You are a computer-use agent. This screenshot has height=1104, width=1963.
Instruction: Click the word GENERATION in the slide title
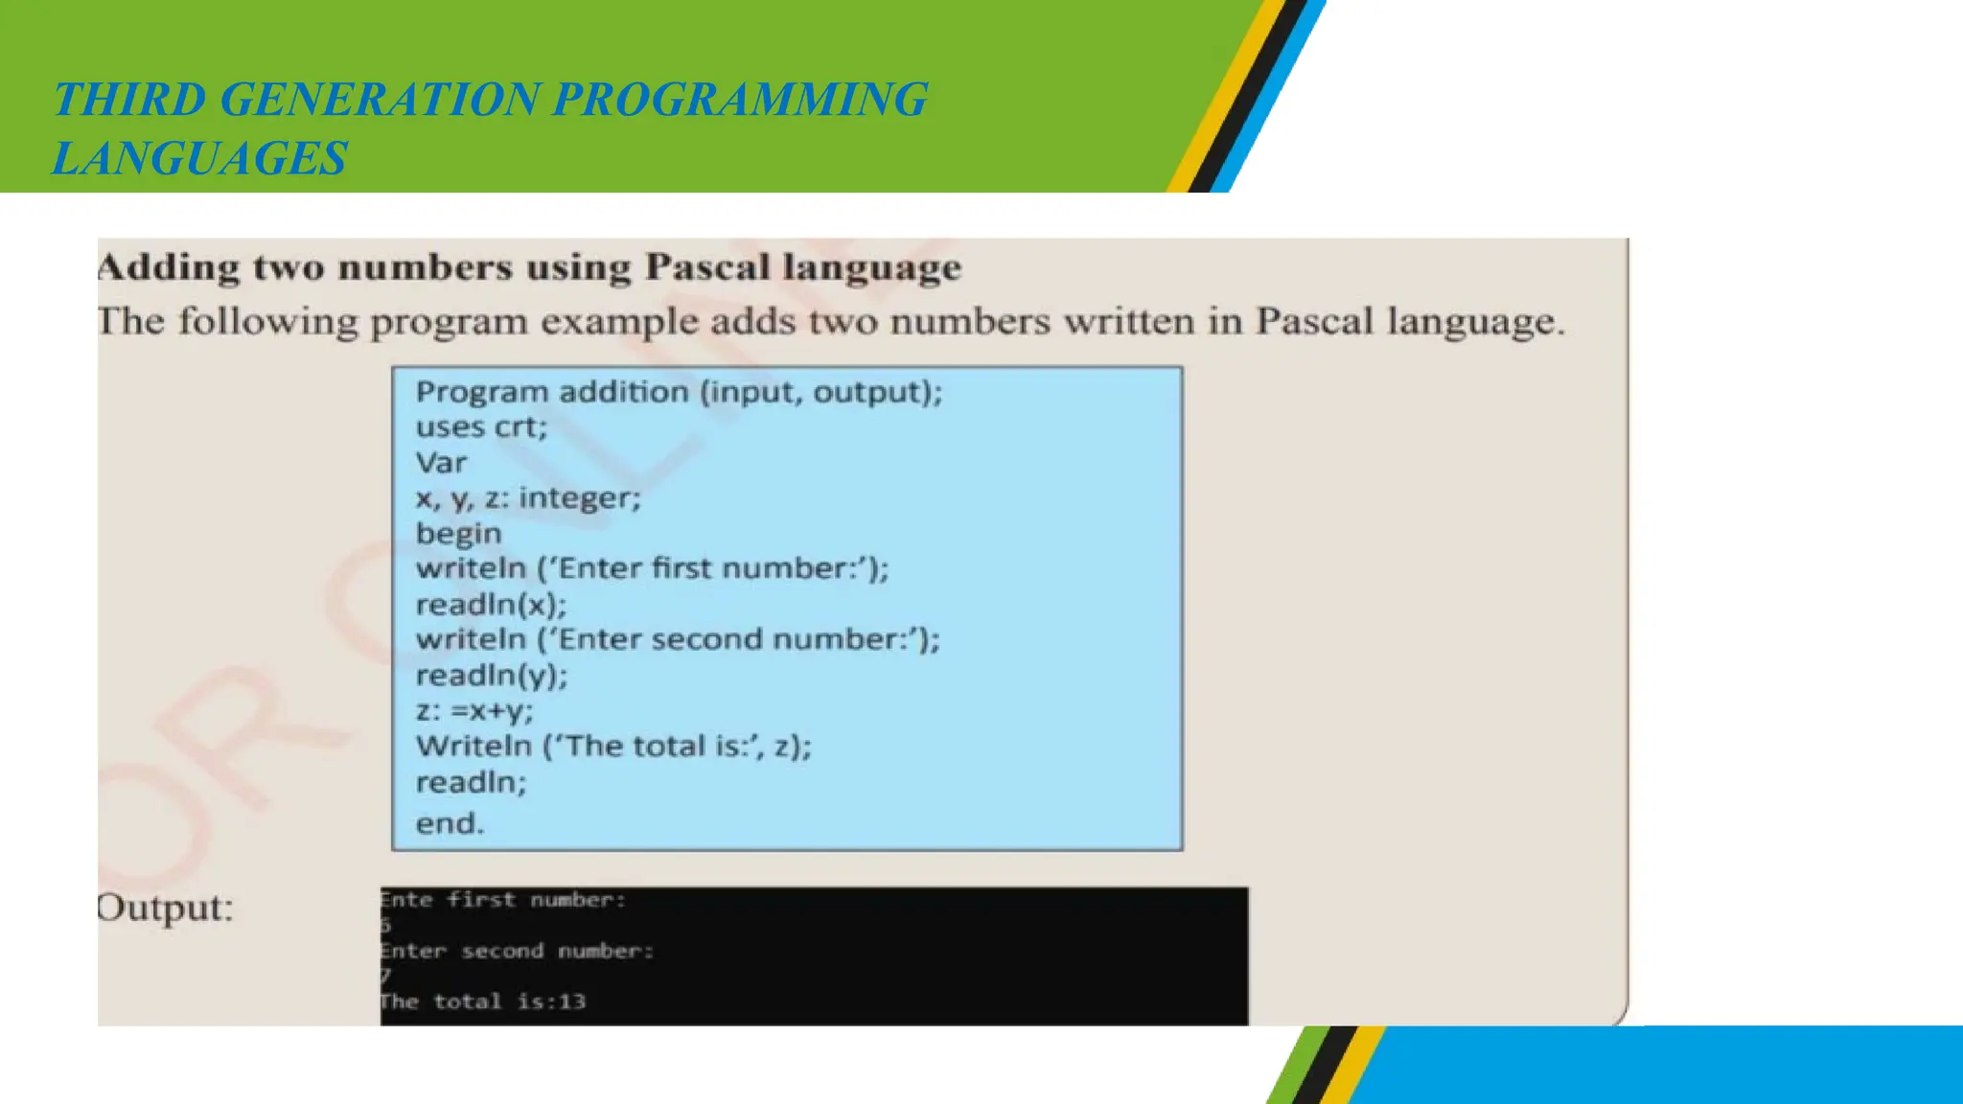pyautogui.click(x=380, y=100)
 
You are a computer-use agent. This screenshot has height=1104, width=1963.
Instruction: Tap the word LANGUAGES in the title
pyautogui.click(x=199, y=158)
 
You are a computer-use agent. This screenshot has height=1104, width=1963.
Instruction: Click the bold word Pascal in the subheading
pyautogui.click(x=707, y=266)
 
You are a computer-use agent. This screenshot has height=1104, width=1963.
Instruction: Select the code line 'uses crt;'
pyautogui.click(x=481, y=427)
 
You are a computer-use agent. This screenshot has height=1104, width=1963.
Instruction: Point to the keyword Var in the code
pyautogui.click(x=441, y=463)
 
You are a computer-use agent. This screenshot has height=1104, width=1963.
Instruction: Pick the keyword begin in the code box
pyautogui.click(x=458, y=534)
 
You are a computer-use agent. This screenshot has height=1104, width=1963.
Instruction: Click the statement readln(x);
pyautogui.click(x=491, y=605)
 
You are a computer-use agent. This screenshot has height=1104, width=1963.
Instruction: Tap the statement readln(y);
pyautogui.click(x=492, y=676)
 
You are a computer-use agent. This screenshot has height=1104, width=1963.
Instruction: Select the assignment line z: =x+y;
pyautogui.click(x=474, y=711)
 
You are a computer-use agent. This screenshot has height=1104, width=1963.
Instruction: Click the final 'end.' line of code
pyautogui.click(x=450, y=823)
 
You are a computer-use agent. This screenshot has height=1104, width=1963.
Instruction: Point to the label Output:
pyautogui.click(x=165, y=908)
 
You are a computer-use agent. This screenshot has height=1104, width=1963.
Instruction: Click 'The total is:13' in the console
pyautogui.click(x=483, y=1001)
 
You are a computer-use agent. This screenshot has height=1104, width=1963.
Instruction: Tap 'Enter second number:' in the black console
pyautogui.click(x=517, y=951)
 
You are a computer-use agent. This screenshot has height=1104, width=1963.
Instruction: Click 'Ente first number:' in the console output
pyautogui.click(x=502, y=900)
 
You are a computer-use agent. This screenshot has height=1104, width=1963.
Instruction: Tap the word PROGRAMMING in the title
pyautogui.click(x=740, y=100)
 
